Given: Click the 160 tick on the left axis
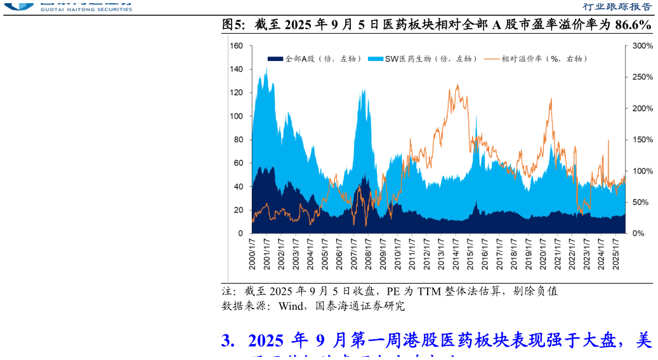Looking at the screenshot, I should (x=236, y=46).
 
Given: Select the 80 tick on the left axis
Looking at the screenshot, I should (x=238, y=140).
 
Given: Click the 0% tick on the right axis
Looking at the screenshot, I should (x=638, y=233).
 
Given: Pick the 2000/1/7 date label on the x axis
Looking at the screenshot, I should (x=252, y=254).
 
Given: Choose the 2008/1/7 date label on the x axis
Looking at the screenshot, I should (x=367, y=254).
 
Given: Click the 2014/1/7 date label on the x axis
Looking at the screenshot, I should (x=456, y=254).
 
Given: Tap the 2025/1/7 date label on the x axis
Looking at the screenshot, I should (x=615, y=254).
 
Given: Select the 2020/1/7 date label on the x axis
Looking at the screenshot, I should (x=543, y=254).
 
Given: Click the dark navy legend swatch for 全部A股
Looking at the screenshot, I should (x=274, y=59).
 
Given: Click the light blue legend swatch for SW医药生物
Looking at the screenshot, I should (x=375, y=59).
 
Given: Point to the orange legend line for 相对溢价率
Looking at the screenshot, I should (x=492, y=59).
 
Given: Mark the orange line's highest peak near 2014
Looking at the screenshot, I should (x=457, y=84).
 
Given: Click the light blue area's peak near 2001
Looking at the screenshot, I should (x=266, y=67).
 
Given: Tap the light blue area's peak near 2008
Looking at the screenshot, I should (x=363, y=90).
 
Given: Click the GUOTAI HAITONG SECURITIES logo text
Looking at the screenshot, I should (x=85, y=10).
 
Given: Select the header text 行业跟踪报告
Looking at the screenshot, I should (x=617, y=7).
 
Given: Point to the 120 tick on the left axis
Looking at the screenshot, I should (x=236, y=93).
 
